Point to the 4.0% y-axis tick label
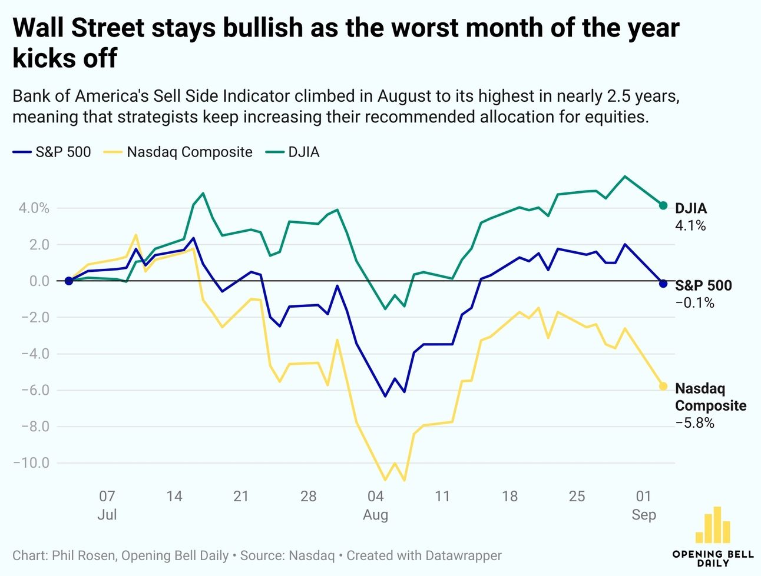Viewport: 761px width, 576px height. coord(34,208)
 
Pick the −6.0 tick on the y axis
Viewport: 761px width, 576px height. coord(35,390)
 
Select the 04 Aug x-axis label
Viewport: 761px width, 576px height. coord(375,505)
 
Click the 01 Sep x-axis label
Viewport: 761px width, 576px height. coord(644,505)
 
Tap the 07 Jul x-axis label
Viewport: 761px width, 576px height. coord(107,505)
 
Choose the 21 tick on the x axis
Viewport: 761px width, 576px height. coord(241,497)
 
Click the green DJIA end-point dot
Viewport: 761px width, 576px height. coord(663,205)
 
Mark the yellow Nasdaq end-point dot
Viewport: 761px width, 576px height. coord(663,387)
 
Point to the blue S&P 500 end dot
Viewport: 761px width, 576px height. coord(663,284)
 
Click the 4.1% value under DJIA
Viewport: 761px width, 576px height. coord(690,225)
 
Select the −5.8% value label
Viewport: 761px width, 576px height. coord(694,423)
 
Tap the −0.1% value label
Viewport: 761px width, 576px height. coord(694,303)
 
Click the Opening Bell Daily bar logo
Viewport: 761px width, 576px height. coord(713,525)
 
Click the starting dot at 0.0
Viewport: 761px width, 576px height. coord(68,281)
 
